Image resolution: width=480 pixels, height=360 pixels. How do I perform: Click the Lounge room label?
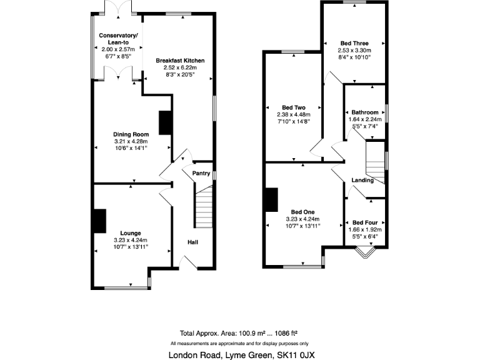point(131,233)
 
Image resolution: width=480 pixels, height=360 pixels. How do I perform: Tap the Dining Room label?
point(131,134)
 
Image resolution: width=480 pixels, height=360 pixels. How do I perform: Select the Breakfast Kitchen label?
point(180,61)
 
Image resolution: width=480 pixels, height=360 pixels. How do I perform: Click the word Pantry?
point(201,173)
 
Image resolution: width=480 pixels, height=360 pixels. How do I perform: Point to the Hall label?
point(193,242)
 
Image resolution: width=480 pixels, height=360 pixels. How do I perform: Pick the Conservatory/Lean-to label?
point(117,38)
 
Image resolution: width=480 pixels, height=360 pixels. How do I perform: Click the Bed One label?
point(302,211)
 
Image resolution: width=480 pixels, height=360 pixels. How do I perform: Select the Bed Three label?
point(354,42)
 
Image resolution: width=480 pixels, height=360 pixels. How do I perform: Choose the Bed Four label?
point(364,222)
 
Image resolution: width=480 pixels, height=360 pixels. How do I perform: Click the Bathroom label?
point(364,112)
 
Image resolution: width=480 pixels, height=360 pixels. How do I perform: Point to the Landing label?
point(362,181)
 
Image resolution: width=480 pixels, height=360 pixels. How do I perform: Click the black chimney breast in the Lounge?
point(99,221)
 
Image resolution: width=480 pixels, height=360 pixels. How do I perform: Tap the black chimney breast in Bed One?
point(271,200)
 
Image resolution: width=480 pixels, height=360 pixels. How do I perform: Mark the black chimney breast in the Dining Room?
point(166,122)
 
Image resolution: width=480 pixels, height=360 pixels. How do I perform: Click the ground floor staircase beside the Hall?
point(203,210)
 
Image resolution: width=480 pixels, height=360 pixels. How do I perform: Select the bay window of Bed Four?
point(364,253)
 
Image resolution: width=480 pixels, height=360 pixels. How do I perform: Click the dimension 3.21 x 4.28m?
point(131,142)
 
